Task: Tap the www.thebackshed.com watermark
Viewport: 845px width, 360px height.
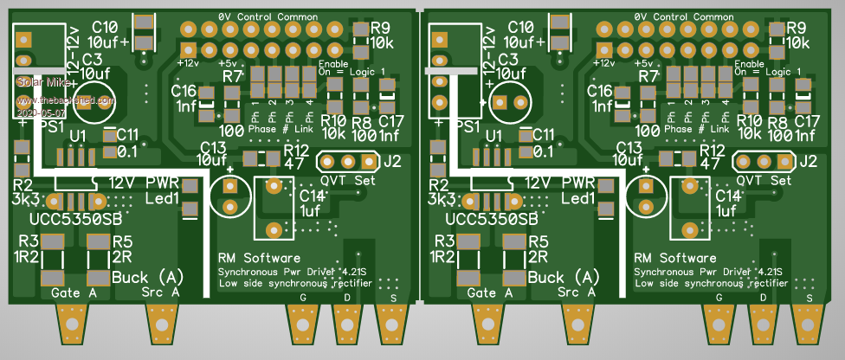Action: coord(65,101)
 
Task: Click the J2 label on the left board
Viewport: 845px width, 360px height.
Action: coord(393,161)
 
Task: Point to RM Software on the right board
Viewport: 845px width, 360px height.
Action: coord(675,258)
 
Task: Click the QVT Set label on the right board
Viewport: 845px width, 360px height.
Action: coord(762,181)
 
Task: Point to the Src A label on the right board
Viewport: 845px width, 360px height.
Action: coord(575,293)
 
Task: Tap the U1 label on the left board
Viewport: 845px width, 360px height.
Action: coord(78,136)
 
